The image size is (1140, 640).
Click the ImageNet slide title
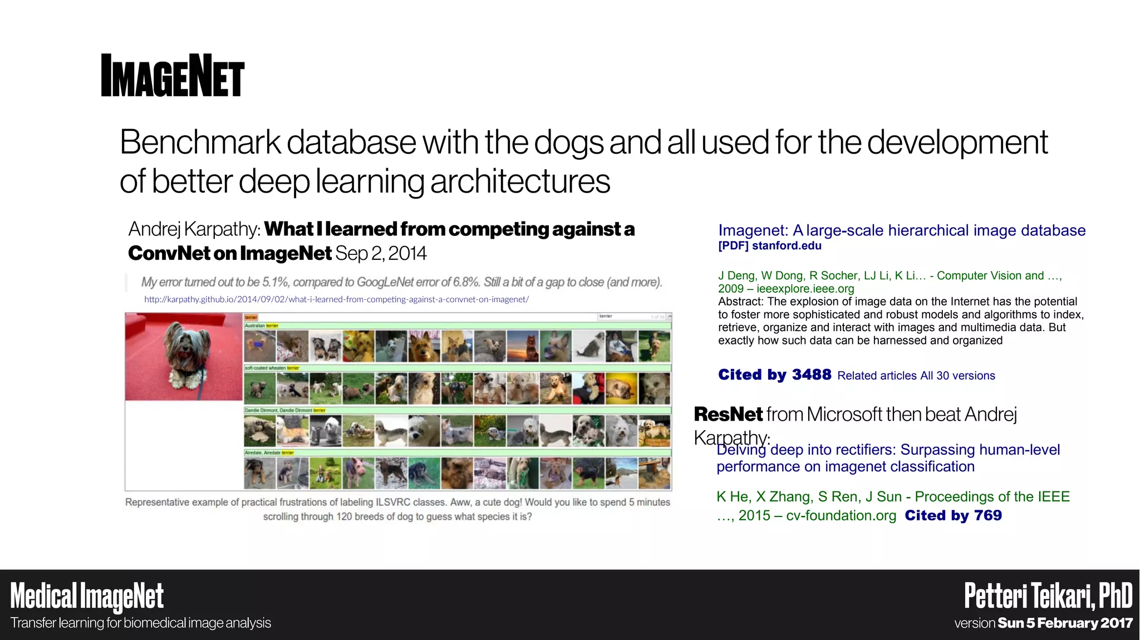[x=173, y=76]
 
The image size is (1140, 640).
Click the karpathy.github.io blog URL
[x=336, y=299]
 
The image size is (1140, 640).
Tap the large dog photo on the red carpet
[x=184, y=357]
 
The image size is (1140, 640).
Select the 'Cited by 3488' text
[x=774, y=375]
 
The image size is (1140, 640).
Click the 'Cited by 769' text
[x=953, y=516]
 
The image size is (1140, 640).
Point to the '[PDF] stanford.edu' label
[x=769, y=246]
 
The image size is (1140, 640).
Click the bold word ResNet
[x=728, y=415]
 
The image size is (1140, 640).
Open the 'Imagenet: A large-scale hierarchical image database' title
[x=901, y=230]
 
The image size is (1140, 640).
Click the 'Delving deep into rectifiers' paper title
[x=888, y=458]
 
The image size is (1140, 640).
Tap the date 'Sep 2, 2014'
[x=381, y=254]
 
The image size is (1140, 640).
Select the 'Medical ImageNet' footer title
[x=87, y=596]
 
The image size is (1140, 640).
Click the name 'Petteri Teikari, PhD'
[x=1048, y=596]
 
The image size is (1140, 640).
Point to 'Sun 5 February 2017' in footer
[x=1065, y=623]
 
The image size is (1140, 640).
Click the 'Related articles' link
[x=877, y=376]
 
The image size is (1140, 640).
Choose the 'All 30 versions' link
[x=957, y=376]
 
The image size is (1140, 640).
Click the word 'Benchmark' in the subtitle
[x=200, y=142]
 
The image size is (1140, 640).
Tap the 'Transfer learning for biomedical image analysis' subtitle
[x=141, y=623]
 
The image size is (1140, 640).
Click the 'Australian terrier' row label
[x=262, y=326]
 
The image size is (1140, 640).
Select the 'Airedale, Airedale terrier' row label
[x=269, y=453]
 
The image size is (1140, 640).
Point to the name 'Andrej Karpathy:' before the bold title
[x=194, y=229]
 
